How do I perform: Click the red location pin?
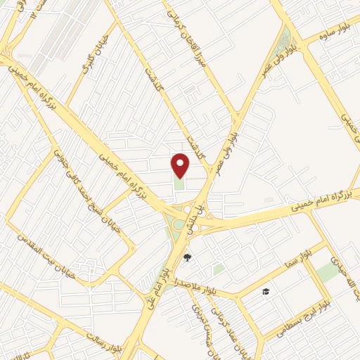[181, 165]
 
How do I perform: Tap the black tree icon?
[187, 257]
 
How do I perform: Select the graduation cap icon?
[266, 291]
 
